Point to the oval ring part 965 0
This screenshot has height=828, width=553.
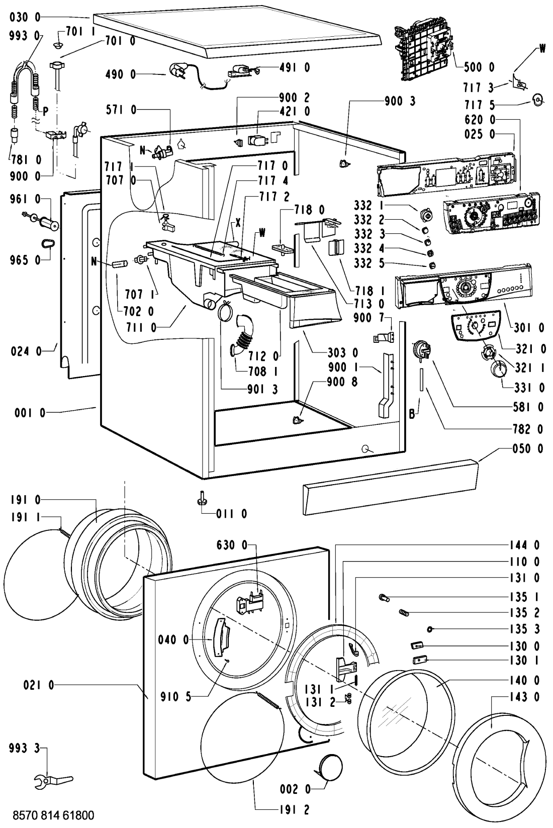(48, 244)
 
